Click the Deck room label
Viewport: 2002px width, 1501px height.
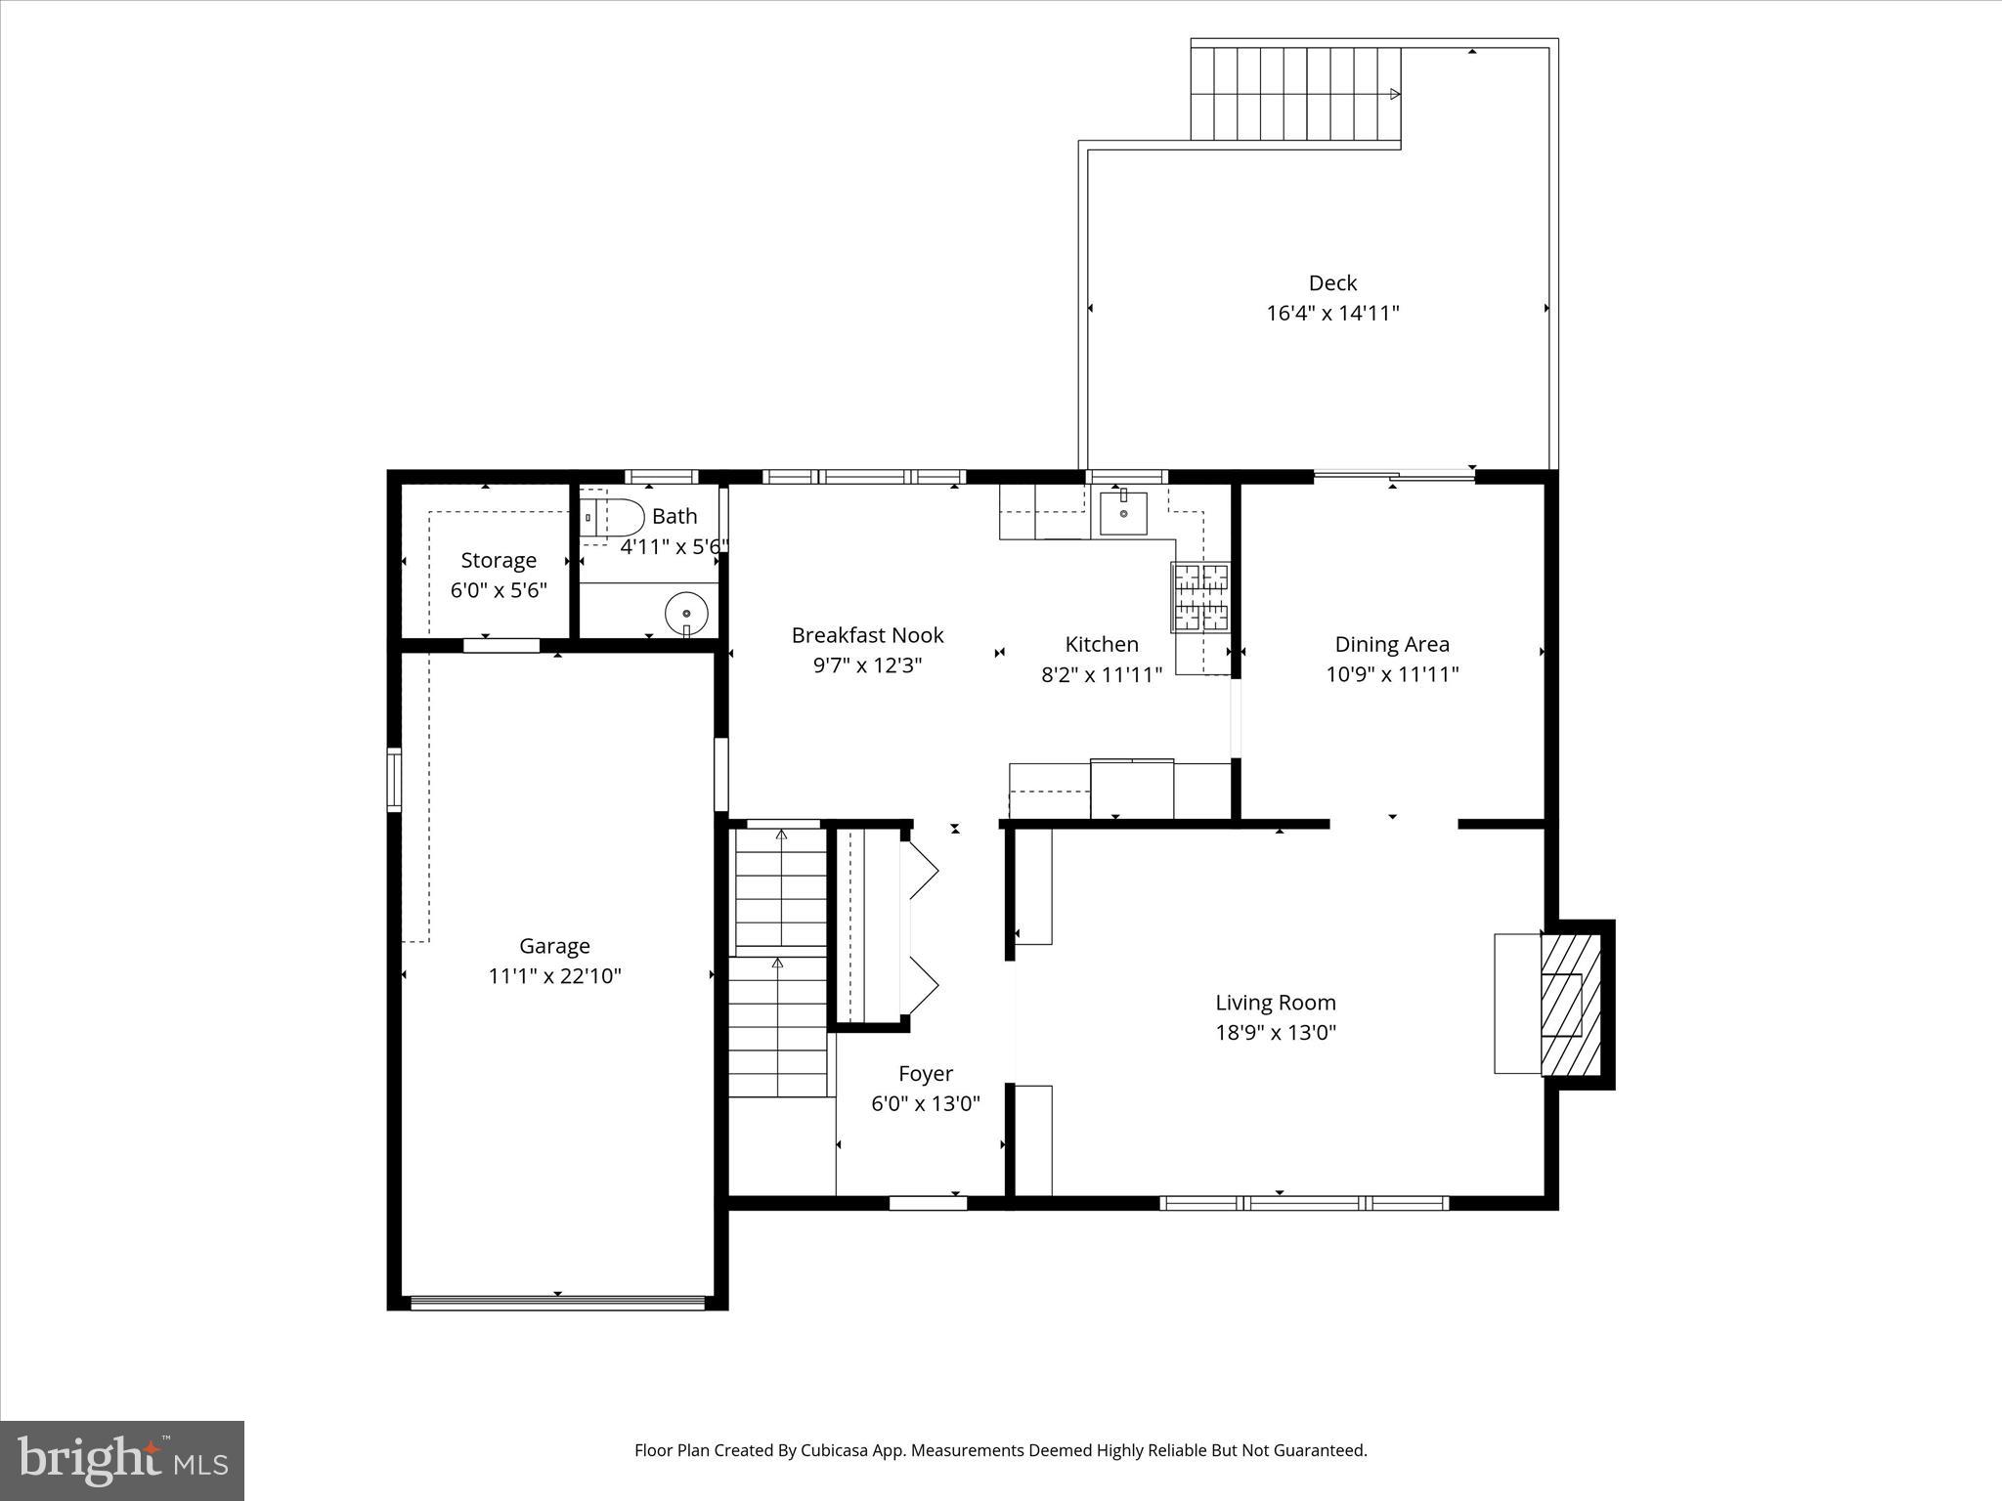pos(1332,283)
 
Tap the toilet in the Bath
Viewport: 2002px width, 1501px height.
pos(613,517)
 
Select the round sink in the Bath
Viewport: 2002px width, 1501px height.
pos(687,614)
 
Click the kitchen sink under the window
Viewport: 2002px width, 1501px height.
pos(1123,514)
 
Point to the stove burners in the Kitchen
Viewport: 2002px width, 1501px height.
pos(1200,597)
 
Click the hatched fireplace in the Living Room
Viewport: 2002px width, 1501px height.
pos(1570,1006)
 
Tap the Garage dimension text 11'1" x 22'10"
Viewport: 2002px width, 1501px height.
pos(554,976)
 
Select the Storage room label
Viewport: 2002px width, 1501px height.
pos(499,561)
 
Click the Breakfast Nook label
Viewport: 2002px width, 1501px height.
pos(867,636)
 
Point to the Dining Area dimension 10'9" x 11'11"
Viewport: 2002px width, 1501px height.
pos(1391,674)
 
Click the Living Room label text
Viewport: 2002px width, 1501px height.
pos(1275,1003)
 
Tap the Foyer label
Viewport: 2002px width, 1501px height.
pos(925,1074)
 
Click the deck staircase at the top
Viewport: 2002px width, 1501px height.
pos(1295,94)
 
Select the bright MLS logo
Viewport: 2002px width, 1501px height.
pos(122,1460)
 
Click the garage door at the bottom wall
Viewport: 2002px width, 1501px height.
pos(557,1302)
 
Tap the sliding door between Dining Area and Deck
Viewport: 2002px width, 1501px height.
pos(1393,477)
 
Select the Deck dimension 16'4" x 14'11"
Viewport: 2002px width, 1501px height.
pos(1332,314)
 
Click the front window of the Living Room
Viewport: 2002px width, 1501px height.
pos(1303,1203)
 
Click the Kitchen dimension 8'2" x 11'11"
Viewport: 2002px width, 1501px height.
pos(1101,674)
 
